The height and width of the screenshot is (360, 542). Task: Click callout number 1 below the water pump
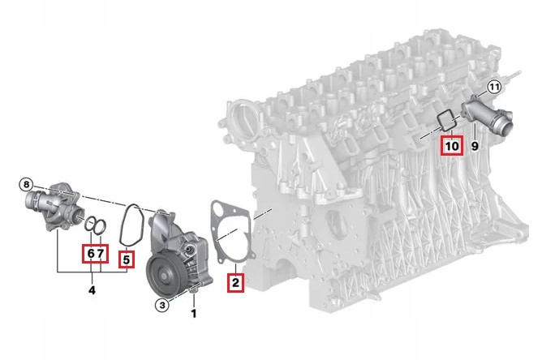point(194,313)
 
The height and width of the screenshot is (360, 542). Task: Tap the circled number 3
point(161,304)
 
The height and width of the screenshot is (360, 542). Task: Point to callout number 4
point(92,289)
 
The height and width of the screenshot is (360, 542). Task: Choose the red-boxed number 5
point(126,259)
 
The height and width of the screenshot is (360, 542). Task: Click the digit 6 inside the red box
point(90,254)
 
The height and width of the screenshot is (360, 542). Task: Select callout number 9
point(475,147)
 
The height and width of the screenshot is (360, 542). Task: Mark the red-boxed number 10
point(451,146)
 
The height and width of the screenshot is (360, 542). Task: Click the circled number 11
point(494,87)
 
